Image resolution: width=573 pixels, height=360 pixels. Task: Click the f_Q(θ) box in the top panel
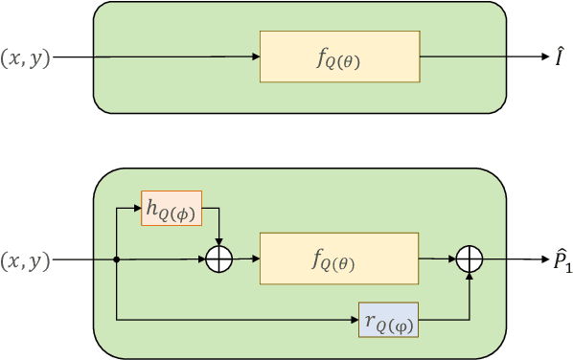tap(339, 56)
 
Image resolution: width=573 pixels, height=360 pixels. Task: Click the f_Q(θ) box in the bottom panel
tap(339, 259)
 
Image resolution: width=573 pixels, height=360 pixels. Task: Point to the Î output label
tap(558, 56)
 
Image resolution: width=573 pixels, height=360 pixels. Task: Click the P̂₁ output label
tap(560, 259)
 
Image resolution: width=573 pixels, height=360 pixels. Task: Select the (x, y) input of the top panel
tap(26, 57)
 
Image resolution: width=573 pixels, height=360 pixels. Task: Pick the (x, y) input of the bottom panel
tap(26, 259)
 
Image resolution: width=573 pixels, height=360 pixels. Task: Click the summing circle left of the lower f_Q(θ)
tap(221, 259)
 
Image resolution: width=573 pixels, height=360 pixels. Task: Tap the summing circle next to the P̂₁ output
tap(470, 259)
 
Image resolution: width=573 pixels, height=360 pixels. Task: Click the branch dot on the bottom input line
tap(116, 259)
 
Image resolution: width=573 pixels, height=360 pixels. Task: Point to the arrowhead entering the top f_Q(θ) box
tap(255, 57)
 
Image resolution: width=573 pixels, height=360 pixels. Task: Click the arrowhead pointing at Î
tap(541, 57)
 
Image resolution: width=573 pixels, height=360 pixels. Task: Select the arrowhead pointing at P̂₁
tap(541, 259)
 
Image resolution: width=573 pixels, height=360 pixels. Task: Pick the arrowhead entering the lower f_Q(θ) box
tap(255, 259)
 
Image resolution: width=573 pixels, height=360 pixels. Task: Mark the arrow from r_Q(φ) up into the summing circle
tap(470, 297)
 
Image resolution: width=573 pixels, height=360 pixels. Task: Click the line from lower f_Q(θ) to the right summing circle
tap(436, 259)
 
